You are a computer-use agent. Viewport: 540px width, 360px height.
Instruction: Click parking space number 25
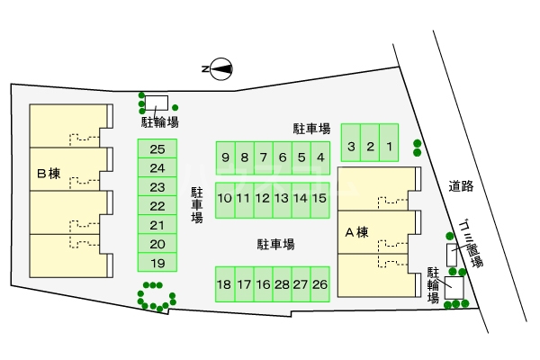pyautogui.click(x=157, y=150)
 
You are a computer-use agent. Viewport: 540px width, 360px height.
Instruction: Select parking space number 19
pyautogui.click(x=157, y=263)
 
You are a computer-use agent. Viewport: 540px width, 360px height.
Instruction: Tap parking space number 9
pyautogui.click(x=225, y=157)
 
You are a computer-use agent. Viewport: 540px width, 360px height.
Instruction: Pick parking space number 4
pyautogui.click(x=320, y=157)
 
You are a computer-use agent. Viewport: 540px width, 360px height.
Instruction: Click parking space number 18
pyautogui.click(x=224, y=284)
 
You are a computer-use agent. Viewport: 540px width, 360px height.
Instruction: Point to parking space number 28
pyautogui.click(x=282, y=284)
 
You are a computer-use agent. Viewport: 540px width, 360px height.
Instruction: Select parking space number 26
pyautogui.click(x=319, y=284)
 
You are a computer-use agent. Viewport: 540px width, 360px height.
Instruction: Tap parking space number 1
pyautogui.click(x=389, y=146)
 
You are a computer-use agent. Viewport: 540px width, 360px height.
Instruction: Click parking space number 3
pyautogui.click(x=351, y=146)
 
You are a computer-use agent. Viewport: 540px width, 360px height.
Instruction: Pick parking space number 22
pyautogui.click(x=157, y=206)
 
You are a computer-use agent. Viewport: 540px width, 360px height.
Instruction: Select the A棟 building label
pyautogui.click(x=357, y=232)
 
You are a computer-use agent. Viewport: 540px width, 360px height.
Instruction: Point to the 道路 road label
pyautogui.click(x=461, y=186)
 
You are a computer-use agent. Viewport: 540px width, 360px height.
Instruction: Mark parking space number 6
pyautogui.click(x=282, y=157)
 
